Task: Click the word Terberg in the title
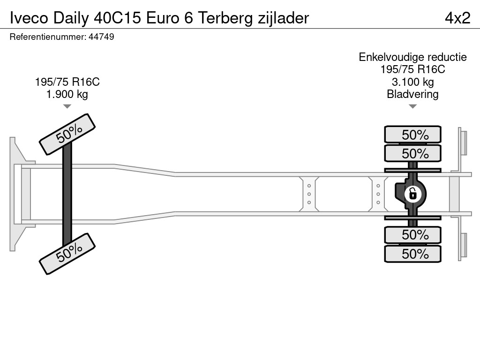(225, 18)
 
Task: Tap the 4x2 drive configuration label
(457, 18)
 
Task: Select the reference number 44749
(101, 37)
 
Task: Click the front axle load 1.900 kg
(67, 94)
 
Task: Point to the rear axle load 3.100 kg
(412, 82)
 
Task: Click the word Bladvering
(412, 94)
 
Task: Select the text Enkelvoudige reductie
(412, 57)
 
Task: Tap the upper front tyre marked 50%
(67, 135)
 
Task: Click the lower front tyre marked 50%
(67, 254)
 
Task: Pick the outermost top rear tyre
(412, 135)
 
